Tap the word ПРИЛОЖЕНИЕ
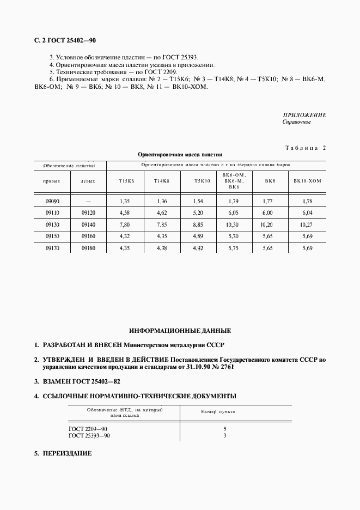coord(304,115)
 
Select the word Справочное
coord(296,122)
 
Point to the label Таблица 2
coord(305,148)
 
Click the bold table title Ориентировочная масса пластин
coord(180,154)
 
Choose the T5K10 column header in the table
coord(202,180)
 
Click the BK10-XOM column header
coord(308,180)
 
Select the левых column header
coord(87,180)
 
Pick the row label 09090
coord(53,202)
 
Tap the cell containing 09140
coord(87,224)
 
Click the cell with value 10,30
coord(233,224)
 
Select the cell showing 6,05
coord(233,212)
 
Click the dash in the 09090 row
coord(87,202)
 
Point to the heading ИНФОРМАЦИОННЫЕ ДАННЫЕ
coord(180,331)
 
